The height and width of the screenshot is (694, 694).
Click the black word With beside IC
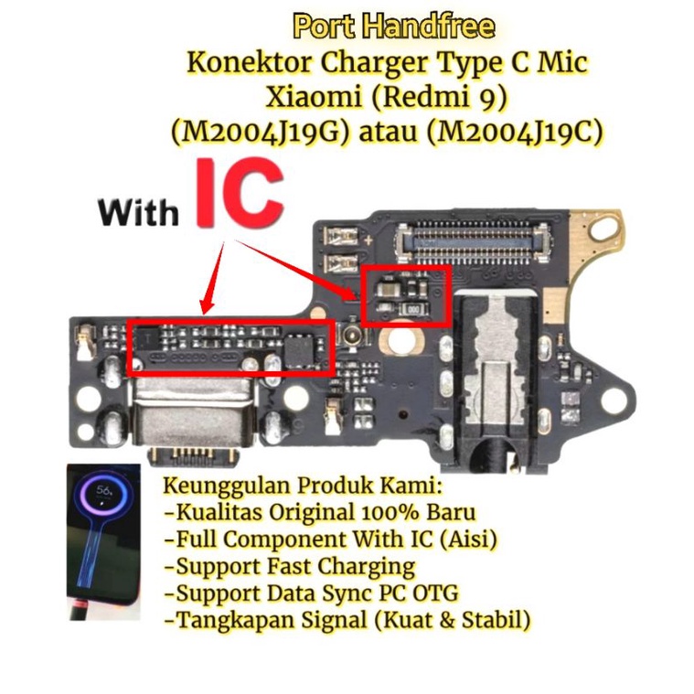139,212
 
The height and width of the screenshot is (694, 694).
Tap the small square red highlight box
406,295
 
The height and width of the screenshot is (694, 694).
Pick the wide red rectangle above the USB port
230,347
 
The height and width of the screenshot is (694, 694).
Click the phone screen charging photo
103,541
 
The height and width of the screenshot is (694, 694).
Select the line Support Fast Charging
290,565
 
